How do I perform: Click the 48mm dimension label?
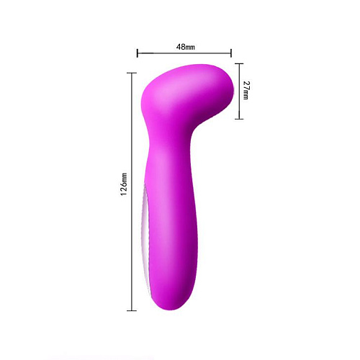pos(185,46)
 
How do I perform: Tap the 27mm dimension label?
pos(247,90)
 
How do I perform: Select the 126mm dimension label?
pos(124,184)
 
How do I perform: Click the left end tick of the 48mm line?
pos(138,52)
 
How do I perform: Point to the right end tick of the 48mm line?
pos(231,52)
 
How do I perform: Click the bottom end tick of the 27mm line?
pos(240,119)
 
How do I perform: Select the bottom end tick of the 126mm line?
pos(132,310)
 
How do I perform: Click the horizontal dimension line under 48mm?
pos(184,52)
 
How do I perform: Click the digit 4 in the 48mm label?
pos(179,46)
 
